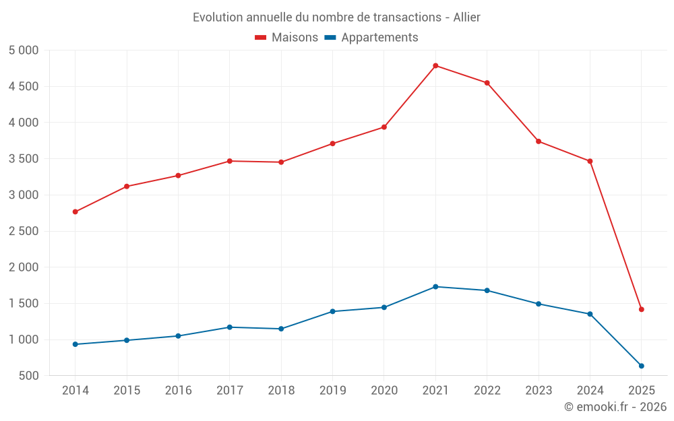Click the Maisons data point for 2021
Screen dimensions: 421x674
435,65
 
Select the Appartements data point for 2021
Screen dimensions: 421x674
435,287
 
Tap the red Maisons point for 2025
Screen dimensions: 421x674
642,309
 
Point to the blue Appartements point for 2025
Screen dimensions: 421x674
642,366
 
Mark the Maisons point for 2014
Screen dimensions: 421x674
75,212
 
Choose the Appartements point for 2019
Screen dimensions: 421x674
332,311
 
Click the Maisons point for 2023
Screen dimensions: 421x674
539,141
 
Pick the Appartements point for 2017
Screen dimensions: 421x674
229,327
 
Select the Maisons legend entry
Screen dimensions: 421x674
286,38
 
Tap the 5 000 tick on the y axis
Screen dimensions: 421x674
24,51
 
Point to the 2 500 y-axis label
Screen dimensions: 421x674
24,231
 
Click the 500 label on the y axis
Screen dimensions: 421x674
30,376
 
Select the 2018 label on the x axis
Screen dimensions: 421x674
281,391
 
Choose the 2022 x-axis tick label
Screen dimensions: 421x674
487,391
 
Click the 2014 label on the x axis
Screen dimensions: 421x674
75,391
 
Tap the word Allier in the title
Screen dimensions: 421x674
466,18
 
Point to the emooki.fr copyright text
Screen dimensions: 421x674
615,407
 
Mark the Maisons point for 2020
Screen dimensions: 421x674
384,127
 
